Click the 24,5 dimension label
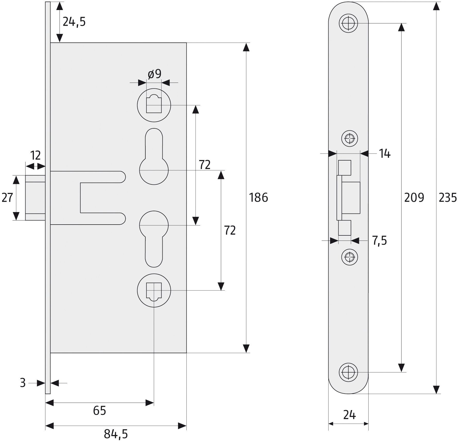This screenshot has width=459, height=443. click(x=74, y=22)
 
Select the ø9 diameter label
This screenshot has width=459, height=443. click(x=155, y=74)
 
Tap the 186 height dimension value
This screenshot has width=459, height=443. click(x=258, y=198)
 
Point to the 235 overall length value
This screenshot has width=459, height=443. click(x=448, y=198)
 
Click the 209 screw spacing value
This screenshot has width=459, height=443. click(x=414, y=198)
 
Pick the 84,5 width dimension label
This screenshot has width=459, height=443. click(x=116, y=435)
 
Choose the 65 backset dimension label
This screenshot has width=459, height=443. click(x=99, y=411)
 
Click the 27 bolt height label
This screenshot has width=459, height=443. click(x=7, y=198)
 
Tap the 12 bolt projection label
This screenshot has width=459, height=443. click(x=35, y=156)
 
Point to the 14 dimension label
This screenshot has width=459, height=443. click(x=385, y=154)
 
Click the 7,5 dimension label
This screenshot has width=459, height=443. click(x=379, y=241)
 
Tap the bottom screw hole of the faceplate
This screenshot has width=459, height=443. click(x=348, y=372)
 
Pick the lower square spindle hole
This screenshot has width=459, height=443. click(x=154, y=290)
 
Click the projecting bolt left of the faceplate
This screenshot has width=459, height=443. click(x=36, y=198)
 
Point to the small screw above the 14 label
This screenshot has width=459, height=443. click(x=349, y=138)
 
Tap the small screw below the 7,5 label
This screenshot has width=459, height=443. click(x=349, y=257)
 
